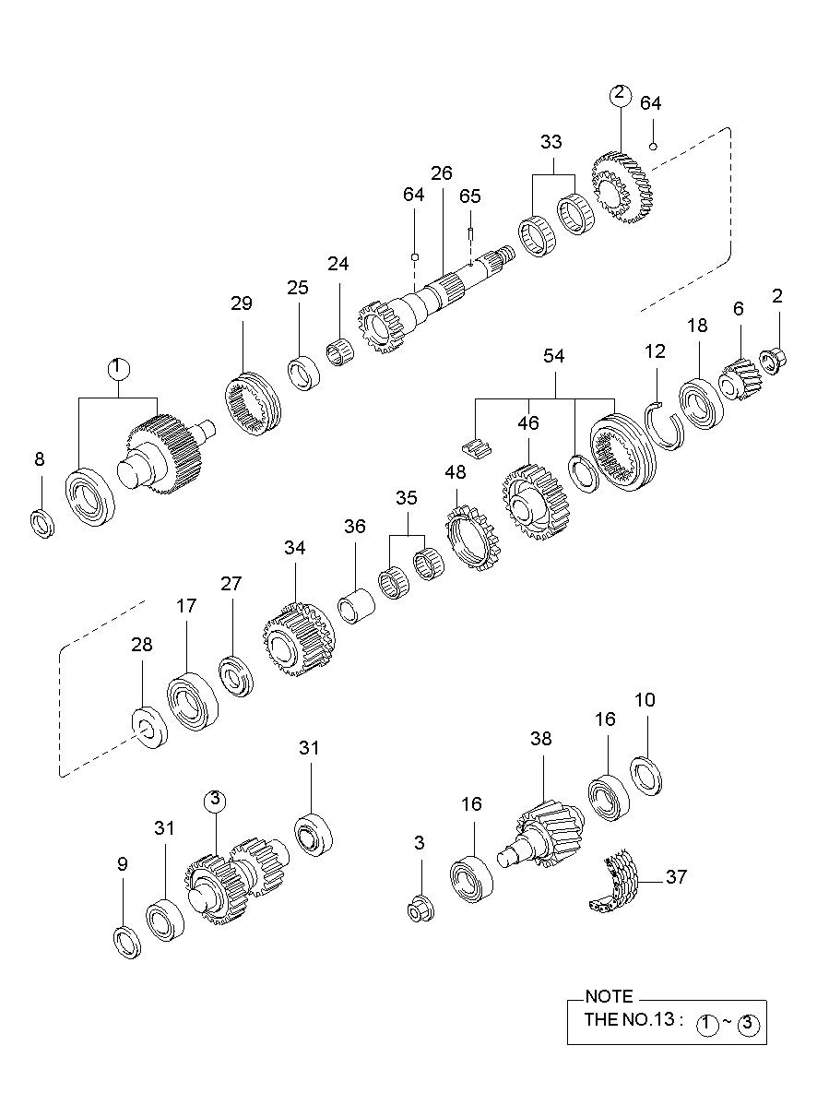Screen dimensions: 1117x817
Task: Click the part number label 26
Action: (442, 173)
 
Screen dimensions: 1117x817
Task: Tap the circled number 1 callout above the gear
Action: (117, 368)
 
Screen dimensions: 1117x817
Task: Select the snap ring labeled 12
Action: (666, 427)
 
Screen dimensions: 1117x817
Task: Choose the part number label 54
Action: (554, 356)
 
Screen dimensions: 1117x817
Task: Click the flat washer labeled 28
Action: (148, 726)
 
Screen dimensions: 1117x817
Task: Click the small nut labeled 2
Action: (772, 355)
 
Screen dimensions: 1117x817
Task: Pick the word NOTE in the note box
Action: (609, 997)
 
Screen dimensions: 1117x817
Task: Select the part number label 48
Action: (456, 472)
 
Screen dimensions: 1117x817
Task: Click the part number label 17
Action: (186, 606)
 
